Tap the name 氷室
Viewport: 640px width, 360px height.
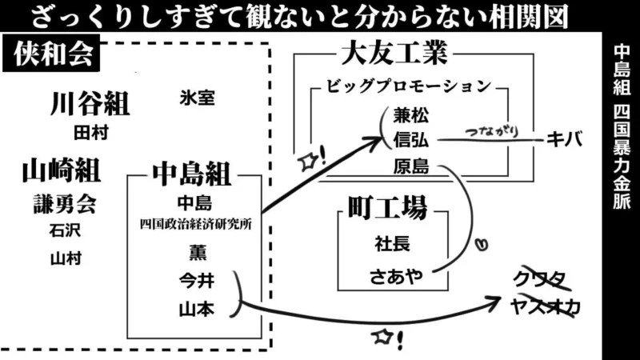(x=197, y=98)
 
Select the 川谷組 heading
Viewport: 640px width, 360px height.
(x=90, y=104)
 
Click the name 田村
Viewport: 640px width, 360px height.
(x=90, y=130)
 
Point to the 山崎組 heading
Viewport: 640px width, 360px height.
(x=61, y=170)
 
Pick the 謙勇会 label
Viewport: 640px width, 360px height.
(x=64, y=204)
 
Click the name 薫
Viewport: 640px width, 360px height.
(x=196, y=253)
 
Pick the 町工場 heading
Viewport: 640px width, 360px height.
(x=387, y=208)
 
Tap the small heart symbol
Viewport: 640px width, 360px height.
(x=482, y=240)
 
